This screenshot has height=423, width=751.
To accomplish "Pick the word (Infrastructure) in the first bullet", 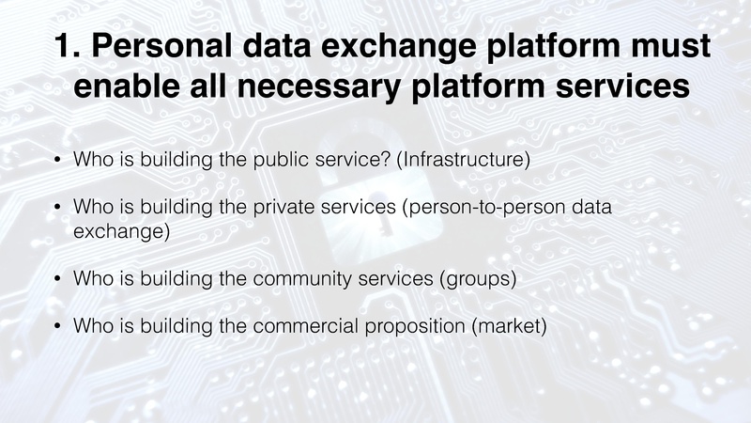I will point(465,160).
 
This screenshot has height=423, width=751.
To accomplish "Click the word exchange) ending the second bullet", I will point(121,230).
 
